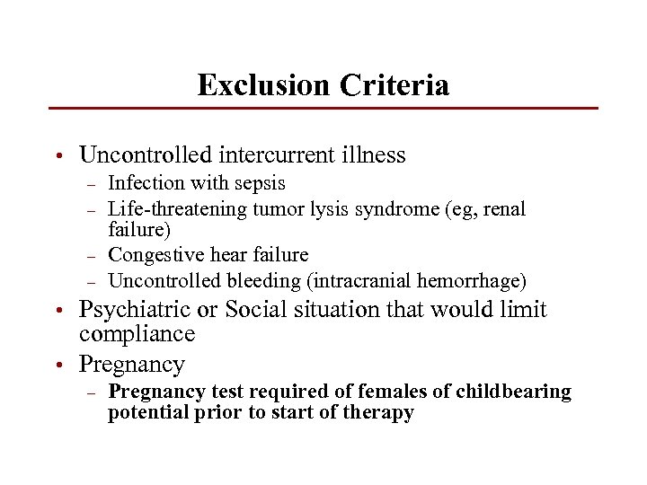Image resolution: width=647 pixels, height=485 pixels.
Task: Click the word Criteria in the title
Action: pyautogui.click(x=394, y=85)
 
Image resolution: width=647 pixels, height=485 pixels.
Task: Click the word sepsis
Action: pyautogui.click(x=259, y=183)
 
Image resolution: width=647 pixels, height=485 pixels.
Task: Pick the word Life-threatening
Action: pyautogui.click(x=177, y=209)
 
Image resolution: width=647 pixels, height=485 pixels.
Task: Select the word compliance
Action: pyautogui.click(x=137, y=334)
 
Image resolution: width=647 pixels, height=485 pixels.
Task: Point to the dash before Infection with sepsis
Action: pyautogui.click(x=90, y=185)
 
